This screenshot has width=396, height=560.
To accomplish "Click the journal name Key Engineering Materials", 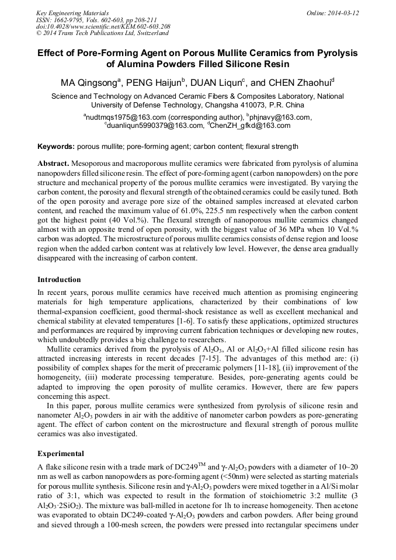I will tap(72, 12).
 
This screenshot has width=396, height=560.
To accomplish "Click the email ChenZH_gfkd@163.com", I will tap(244, 125).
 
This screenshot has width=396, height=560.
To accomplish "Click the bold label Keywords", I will tap(56, 147).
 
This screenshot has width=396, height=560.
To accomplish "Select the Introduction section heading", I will tap(59, 280).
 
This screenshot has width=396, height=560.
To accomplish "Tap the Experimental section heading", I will tap(61, 453).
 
